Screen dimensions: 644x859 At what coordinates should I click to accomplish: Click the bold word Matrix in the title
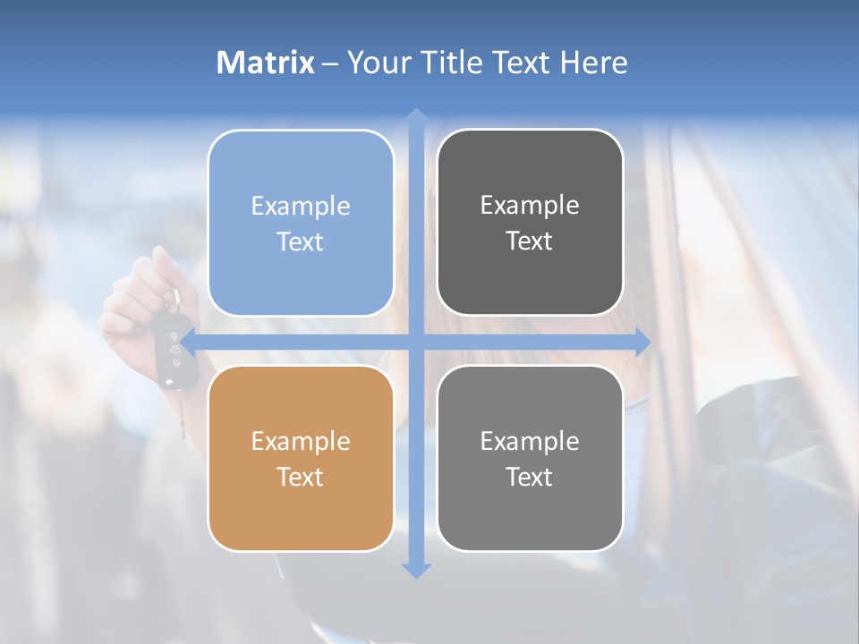266,63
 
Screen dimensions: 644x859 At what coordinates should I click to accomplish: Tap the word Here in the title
594,63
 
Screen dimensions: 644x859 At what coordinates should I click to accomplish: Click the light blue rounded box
301,223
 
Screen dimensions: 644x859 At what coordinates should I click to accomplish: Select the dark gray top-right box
530,223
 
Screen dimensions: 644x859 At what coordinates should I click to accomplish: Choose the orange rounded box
301,458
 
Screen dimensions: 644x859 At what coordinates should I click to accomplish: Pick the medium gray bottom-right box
530,458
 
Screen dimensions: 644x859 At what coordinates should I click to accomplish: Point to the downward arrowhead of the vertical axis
416,570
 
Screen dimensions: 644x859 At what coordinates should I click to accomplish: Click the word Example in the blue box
301,207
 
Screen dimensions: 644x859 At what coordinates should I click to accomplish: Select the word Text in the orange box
301,477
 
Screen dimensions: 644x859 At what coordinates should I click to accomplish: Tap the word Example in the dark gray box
530,206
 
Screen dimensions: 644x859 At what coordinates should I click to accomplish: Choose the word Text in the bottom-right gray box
530,477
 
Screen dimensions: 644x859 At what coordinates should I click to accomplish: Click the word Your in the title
377,63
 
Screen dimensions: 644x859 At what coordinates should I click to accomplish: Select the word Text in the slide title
520,63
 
